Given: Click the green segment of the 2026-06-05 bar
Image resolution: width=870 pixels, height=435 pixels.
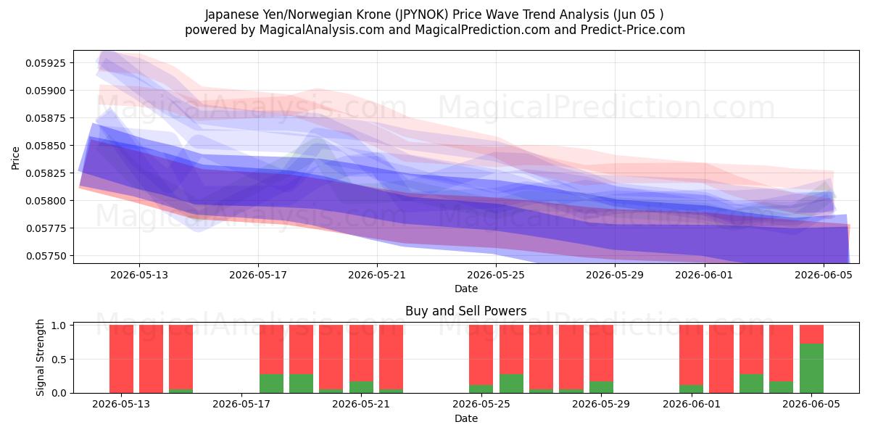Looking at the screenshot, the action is (x=811, y=368).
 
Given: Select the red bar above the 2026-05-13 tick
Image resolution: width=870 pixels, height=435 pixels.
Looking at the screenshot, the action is (x=121, y=359).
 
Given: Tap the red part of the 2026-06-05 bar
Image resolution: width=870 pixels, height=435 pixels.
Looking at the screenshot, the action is (x=811, y=334).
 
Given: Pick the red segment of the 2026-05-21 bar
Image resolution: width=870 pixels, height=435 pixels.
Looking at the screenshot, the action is (x=361, y=353).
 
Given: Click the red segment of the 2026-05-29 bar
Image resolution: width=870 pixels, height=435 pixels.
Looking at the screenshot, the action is (x=601, y=353).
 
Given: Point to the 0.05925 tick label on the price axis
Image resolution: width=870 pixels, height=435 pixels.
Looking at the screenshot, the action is (x=46, y=63).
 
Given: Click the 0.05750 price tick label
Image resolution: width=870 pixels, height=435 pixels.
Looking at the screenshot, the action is (x=46, y=256).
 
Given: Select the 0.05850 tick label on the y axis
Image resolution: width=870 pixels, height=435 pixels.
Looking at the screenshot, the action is (x=46, y=146).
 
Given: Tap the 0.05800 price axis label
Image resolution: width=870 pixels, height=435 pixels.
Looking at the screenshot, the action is (x=46, y=201).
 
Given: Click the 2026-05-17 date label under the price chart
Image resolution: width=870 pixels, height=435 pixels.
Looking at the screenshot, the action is (x=258, y=275).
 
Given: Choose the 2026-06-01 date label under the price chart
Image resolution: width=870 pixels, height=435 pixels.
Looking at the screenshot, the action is (x=704, y=275).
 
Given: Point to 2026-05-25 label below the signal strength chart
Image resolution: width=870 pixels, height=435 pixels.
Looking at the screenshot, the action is (x=481, y=404).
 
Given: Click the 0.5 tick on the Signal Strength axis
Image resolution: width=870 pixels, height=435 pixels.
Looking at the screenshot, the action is (x=59, y=360).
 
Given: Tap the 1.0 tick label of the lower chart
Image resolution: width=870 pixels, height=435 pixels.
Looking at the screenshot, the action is (x=59, y=325).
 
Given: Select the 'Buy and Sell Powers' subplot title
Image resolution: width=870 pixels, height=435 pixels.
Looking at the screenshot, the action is (x=466, y=311).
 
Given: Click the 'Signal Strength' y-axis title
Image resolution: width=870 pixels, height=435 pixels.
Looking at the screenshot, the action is (x=40, y=357).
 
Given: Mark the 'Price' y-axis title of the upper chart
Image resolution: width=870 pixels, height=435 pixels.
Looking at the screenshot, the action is (x=15, y=158).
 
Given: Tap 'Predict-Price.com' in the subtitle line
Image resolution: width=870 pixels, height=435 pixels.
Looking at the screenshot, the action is (x=633, y=30).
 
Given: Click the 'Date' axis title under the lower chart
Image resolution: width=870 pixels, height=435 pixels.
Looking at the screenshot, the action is (x=466, y=418).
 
